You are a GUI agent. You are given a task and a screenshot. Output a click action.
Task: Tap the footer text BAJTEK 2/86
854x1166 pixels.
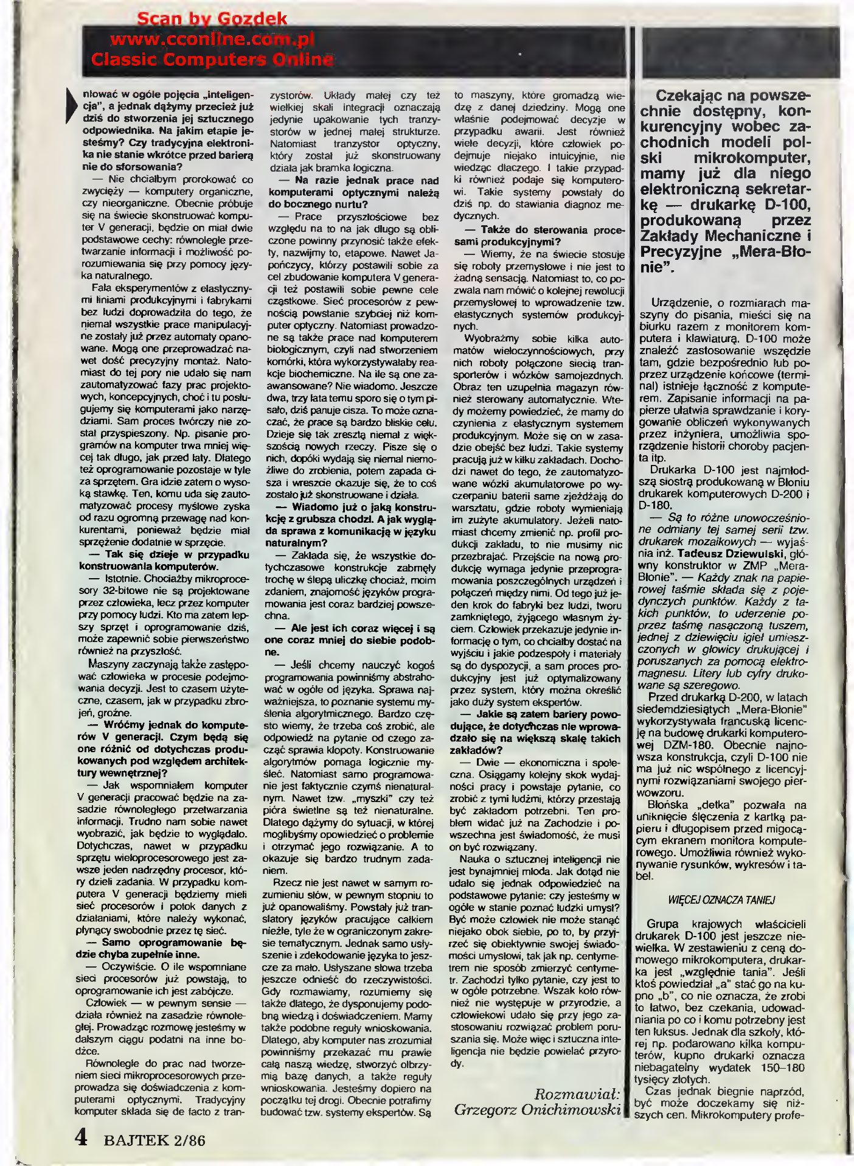pos(154,1139)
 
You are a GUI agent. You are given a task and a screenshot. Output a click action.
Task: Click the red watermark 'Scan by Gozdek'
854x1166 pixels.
pos(212,19)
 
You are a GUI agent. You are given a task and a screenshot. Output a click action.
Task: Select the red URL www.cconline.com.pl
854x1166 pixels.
pos(212,40)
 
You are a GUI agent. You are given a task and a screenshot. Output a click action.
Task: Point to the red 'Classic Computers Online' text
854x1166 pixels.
pos(212,60)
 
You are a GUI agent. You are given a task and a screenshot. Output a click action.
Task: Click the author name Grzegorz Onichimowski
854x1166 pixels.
pos(538,1110)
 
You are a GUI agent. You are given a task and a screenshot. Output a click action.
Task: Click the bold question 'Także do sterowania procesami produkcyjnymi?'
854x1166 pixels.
pos(536,236)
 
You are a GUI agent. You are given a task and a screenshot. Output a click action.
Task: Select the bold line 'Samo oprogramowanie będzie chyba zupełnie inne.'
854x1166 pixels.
pos(161,948)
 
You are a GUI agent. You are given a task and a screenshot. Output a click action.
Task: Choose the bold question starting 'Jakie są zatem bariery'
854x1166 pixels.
pos(536,732)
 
